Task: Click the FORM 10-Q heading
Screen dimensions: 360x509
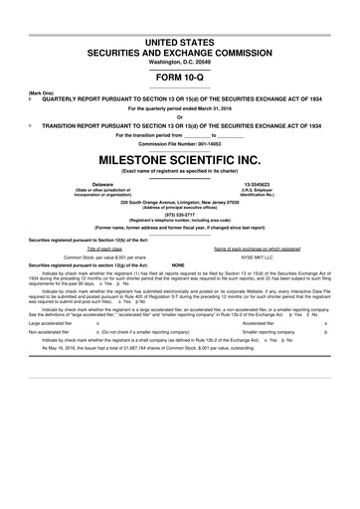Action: click(x=180, y=78)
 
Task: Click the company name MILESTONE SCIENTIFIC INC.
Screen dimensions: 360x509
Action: click(x=180, y=159)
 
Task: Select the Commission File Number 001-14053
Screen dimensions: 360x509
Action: click(x=180, y=143)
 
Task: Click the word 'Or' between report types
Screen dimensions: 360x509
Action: click(x=180, y=118)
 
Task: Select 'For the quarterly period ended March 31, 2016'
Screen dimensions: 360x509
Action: click(x=180, y=109)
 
